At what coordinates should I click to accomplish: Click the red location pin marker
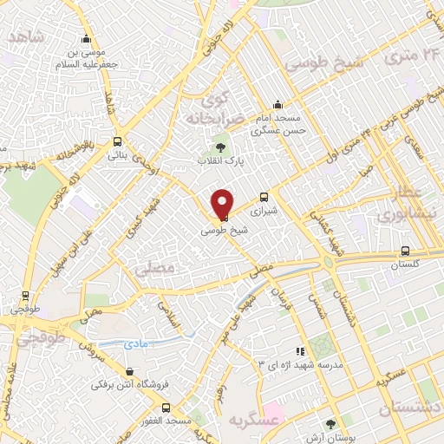(223, 204)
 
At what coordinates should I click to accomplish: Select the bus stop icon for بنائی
(118, 141)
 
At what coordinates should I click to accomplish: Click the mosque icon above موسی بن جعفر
(85, 39)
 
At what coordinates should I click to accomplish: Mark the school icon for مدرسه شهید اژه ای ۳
(299, 351)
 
